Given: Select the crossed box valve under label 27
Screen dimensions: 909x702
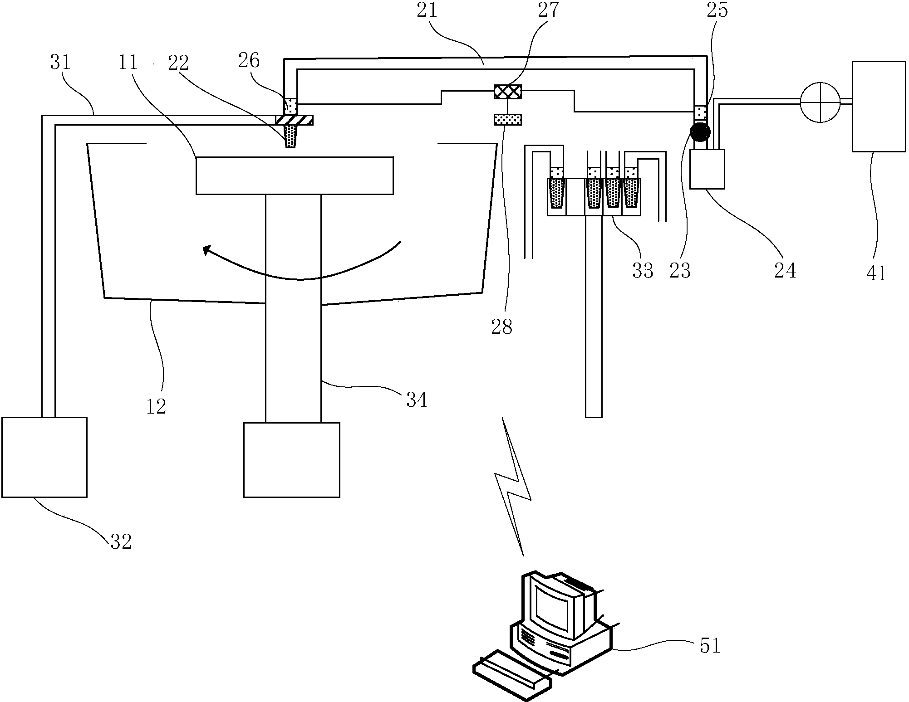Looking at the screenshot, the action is click(x=508, y=92).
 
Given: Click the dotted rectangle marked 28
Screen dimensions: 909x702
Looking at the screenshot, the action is click(x=508, y=120).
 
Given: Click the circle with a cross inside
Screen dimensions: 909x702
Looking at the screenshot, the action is click(x=821, y=102).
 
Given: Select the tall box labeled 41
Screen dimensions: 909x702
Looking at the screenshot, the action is click(x=879, y=106).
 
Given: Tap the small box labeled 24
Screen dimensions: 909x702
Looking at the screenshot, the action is click(x=707, y=169).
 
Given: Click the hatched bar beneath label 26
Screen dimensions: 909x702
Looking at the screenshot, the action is click(x=294, y=120).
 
